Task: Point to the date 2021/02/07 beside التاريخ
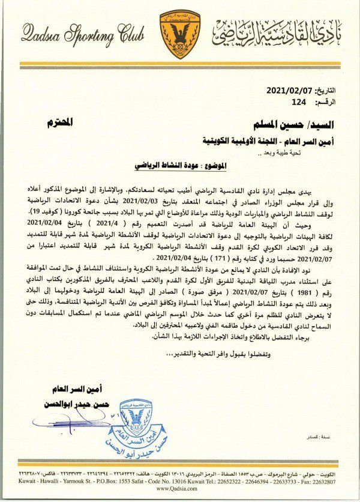pos(294,91)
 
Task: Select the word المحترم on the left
pos(60,122)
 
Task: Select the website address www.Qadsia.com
pos(180,488)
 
